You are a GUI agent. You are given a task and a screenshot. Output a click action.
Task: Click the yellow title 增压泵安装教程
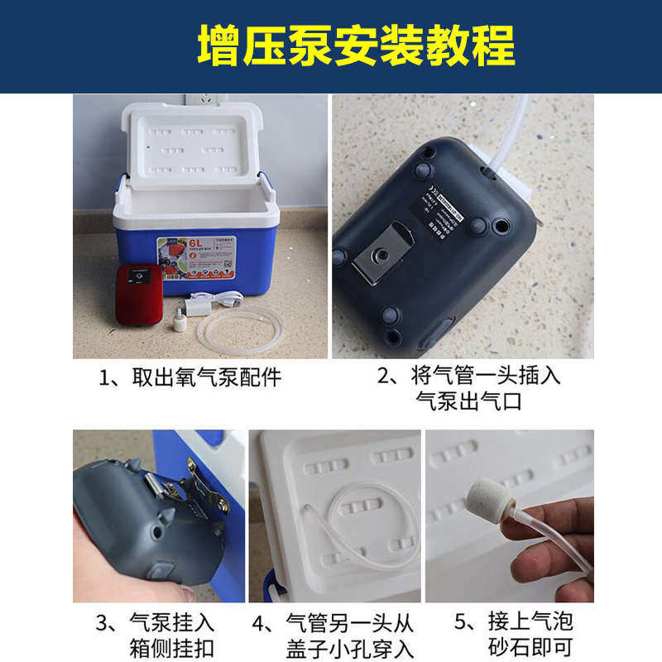click(x=356, y=46)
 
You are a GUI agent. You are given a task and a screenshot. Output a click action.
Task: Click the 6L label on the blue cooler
click(x=196, y=244)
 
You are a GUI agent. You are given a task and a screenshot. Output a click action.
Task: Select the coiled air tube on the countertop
click(x=240, y=328)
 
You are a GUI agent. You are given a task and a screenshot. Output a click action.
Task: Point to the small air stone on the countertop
click(x=180, y=321)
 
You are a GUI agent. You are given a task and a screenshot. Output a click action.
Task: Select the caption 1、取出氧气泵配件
click(x=190, y=378)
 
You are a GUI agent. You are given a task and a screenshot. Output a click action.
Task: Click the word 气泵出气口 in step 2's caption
click(x=469, y=402)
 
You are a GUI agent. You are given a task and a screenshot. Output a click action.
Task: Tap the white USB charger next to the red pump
click(x=196, y=305)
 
